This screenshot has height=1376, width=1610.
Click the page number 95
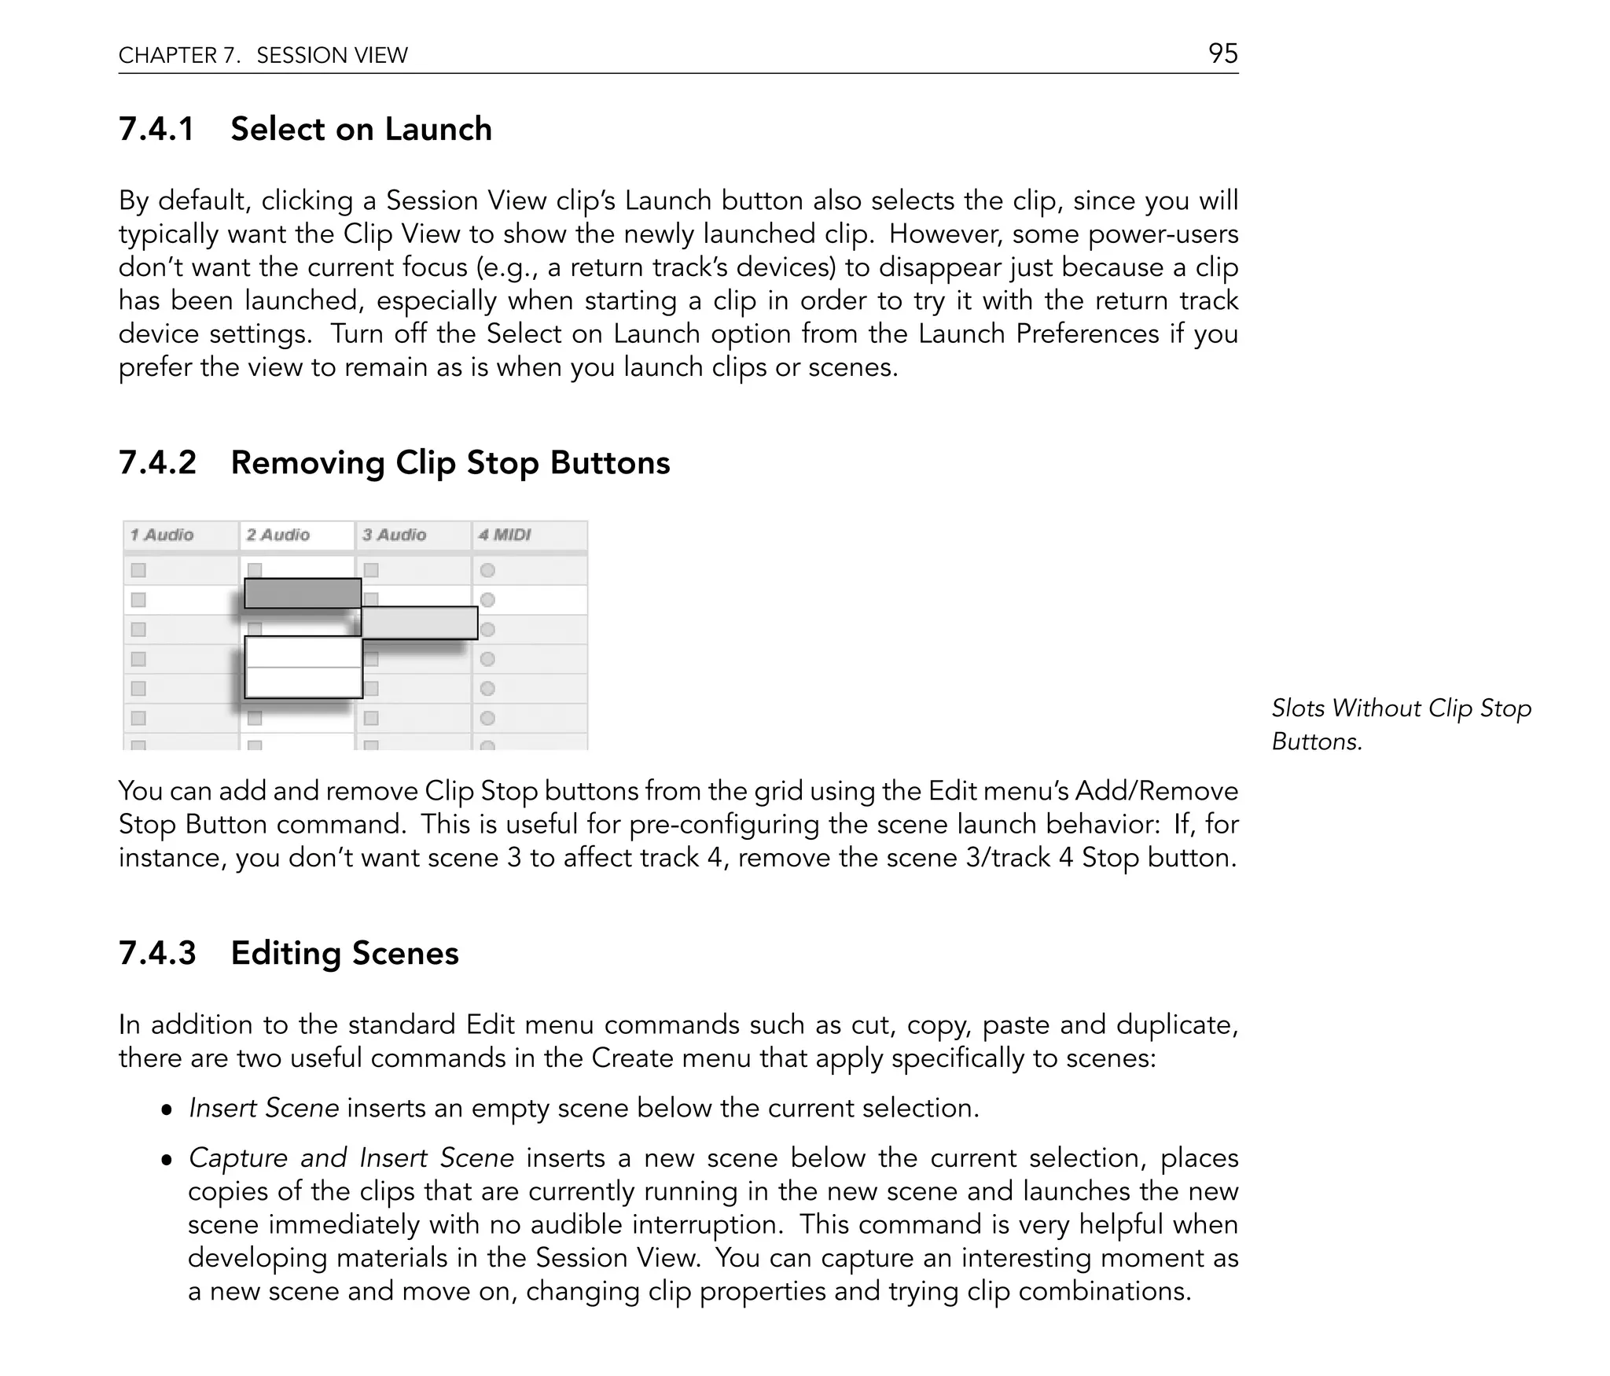(1222, 53)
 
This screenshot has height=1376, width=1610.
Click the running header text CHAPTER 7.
(179, 55)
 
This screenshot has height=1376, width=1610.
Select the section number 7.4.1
(156, 129)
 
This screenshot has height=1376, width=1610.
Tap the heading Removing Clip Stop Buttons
(450, 462)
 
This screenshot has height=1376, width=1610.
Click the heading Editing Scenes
(344, 953)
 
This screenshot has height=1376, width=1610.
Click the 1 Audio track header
(162, 535)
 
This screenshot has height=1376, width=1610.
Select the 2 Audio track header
(278, 535)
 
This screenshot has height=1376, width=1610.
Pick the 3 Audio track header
(395, 535)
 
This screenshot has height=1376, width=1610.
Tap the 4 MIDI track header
(505, 535)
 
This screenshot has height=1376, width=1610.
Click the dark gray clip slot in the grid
(303, 593)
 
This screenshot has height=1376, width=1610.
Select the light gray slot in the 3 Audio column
(419, 623)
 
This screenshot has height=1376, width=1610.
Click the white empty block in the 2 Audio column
(303, 667)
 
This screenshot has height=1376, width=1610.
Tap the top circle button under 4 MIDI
(487, 570)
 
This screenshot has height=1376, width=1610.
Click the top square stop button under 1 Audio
(138, 570)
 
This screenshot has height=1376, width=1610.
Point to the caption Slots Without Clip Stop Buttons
(1401, 724)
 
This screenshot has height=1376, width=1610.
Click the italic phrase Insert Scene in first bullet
(264, 1108)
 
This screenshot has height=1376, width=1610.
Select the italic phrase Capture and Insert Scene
(351, 1157)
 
